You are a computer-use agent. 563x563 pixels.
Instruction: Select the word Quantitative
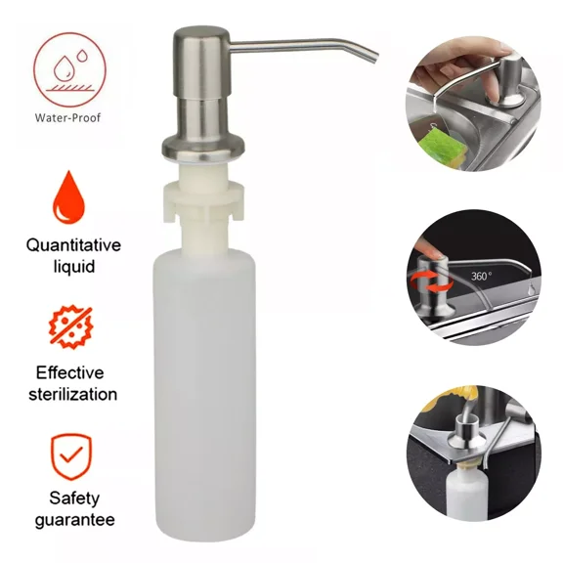(x=74, y=245)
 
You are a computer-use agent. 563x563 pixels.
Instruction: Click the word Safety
(x=74, y=498)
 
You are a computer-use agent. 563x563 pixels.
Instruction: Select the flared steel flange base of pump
(x=203, y=147)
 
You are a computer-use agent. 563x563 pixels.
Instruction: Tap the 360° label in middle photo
(x=481, y=277)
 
